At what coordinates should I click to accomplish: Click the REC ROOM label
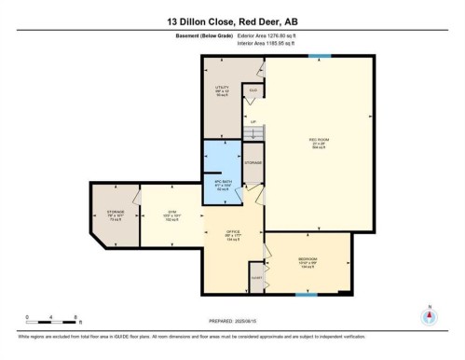tap(320, 143)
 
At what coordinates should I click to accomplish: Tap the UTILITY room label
tap(222, 90)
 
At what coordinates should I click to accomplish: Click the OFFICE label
tap(234, 235)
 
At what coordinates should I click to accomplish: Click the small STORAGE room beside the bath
tap(253, 163)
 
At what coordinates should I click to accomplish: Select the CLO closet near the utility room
tap(253, 90)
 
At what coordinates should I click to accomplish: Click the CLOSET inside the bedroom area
tap(255, 277)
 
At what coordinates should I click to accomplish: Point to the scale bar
tap(54, 321)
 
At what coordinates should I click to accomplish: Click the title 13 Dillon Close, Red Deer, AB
tap(232, 21)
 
